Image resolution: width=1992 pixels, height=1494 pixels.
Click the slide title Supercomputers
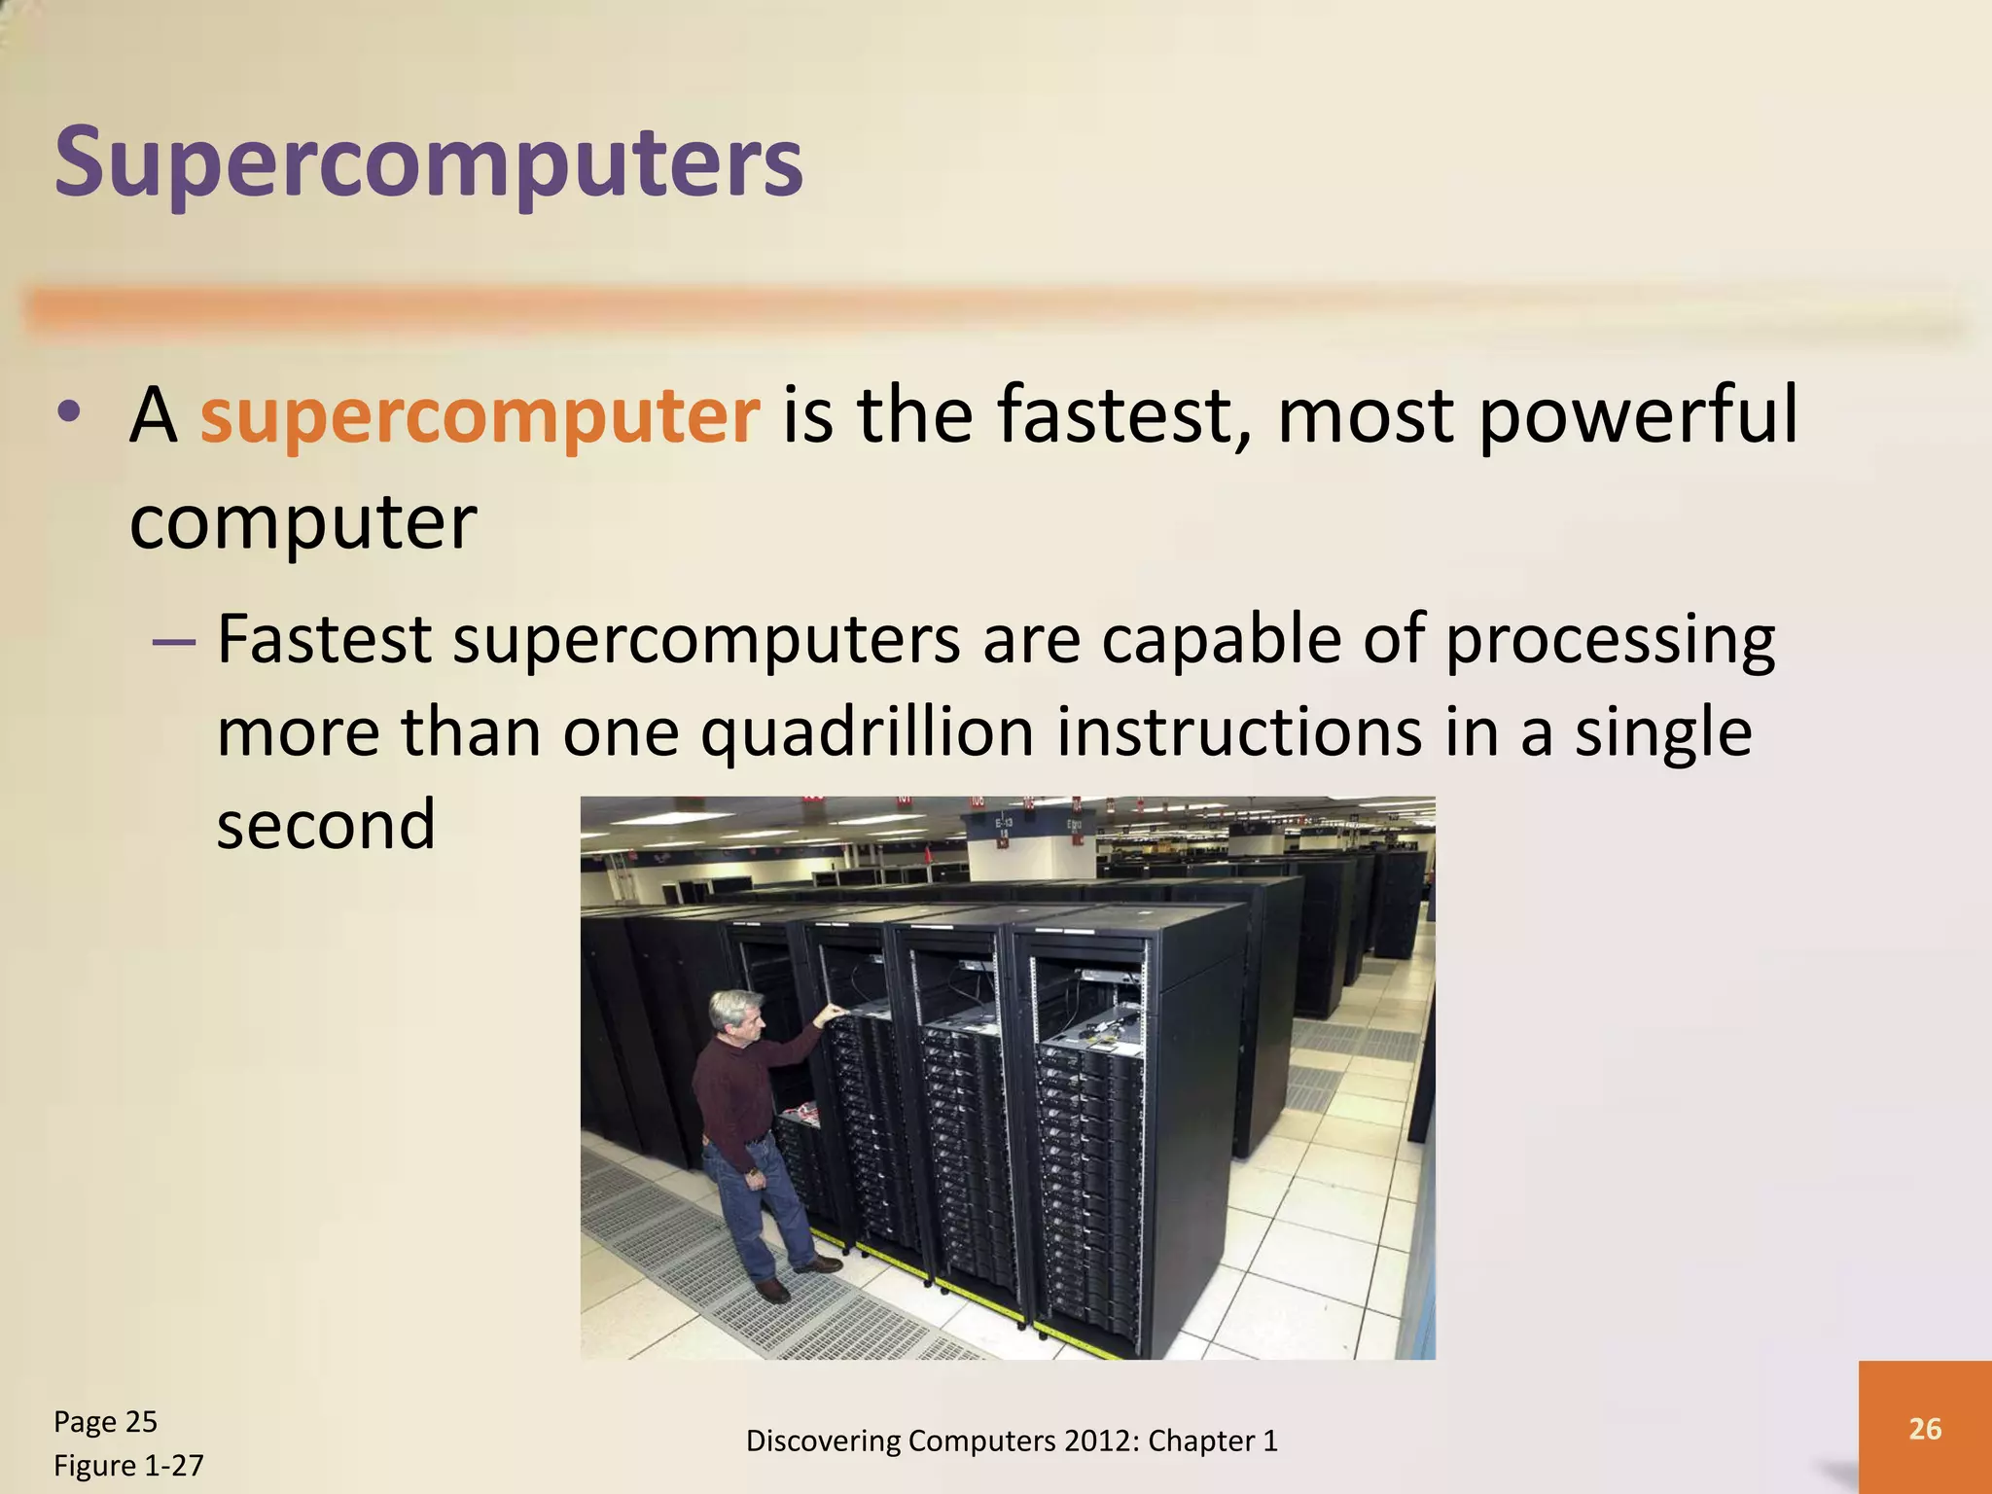tap(429, 162)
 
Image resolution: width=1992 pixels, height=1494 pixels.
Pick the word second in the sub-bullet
tap(326, 825)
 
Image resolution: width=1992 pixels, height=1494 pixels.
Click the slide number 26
tap(1925, 1429)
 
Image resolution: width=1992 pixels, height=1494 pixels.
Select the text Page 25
tap(105, 1422)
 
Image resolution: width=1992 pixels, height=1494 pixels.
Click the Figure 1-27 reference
tap(128, 1466)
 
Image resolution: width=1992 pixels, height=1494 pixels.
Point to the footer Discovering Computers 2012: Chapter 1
tap(1012, 1441)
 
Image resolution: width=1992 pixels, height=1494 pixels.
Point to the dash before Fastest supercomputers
tap(175, 642)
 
